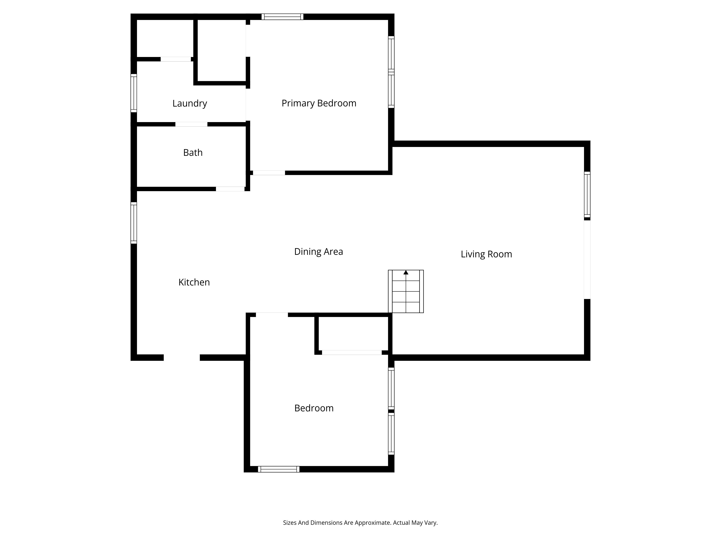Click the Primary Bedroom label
click(x=319, y=103)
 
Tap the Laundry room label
click(x=190, y=103)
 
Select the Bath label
click(x=193, y=153)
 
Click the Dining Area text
click(x=319, y=251)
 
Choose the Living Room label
click(x=486, y=254)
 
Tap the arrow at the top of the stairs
click(x=406, y=272)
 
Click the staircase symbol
click(x=406, y=291)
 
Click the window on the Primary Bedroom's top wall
click(x=282, y=17)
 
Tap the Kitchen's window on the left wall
click(x=134, y=223)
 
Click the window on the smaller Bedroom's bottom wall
click(x=279, y=469)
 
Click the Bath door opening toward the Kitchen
click(x=230, y=189)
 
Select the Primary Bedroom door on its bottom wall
click(x=269, y=173)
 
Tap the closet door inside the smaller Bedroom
click(x=352, y=353)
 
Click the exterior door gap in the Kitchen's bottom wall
click(x=182, y=357)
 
